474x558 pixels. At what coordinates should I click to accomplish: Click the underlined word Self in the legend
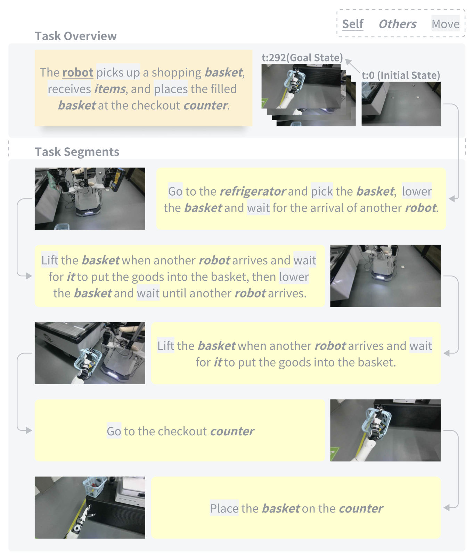(x=353, y=24)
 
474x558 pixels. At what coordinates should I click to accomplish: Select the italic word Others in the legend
(x=398, y=24)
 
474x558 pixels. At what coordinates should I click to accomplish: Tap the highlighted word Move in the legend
(x=446, y=24)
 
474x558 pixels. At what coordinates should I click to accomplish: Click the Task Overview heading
(x=76, y=36)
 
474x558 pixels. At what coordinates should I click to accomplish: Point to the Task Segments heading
(x=77, y=152)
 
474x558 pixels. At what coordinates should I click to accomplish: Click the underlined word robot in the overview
(x=78, y=72)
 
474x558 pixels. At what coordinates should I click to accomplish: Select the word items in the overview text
(x=110, y=89)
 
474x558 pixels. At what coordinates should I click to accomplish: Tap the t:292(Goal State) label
(x=302, y=58)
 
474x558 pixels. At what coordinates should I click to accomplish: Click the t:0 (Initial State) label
(x=401, y=75)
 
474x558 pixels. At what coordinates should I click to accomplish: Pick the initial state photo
(x=401, y=104)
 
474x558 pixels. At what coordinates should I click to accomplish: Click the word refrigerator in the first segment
(x=253, y=191)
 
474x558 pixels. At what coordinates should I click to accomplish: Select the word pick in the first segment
(x=322, y=191)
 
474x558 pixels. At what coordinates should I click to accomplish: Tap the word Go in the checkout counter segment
(x=114, y=431)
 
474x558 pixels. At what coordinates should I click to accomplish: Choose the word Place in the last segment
(x=224, y=508)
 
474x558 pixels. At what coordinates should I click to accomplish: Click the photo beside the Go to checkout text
(x=385, y=430)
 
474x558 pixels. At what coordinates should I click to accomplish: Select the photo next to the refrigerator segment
(x=90, y=199)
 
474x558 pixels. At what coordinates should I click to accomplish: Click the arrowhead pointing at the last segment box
(x=447, y=508)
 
